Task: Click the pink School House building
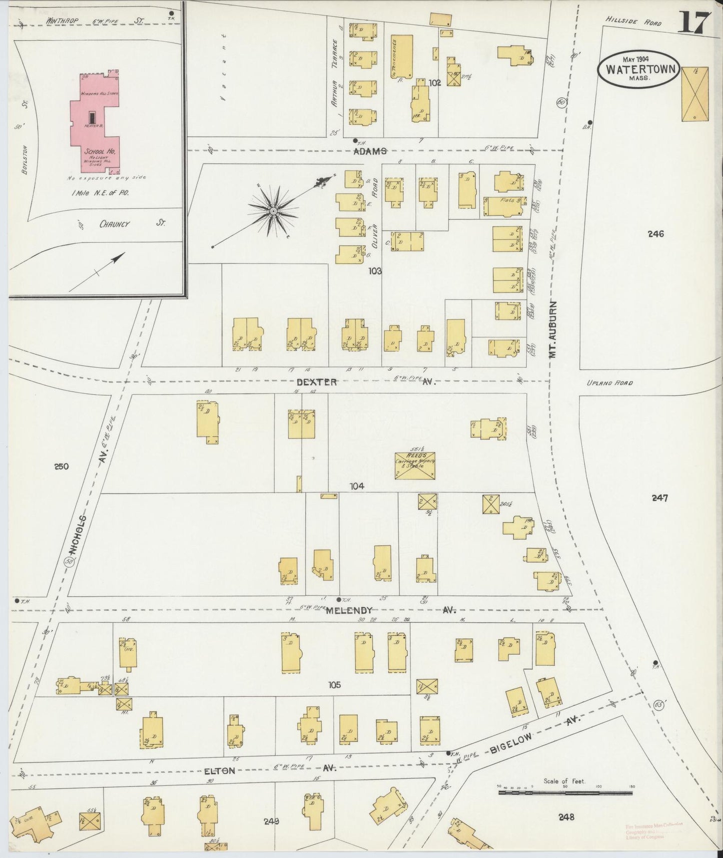coord(98,123)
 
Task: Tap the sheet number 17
coord(694,23)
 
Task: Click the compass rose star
coord(273,211)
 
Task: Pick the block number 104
coord(357,486)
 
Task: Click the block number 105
coord(334,684)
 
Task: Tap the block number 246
coord(655,233)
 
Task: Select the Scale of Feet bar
coord(565,792)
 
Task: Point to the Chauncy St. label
coord(114,224)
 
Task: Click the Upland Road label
coord(609,383)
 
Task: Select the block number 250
coord(61,466)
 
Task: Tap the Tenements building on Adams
coord(402,57)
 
